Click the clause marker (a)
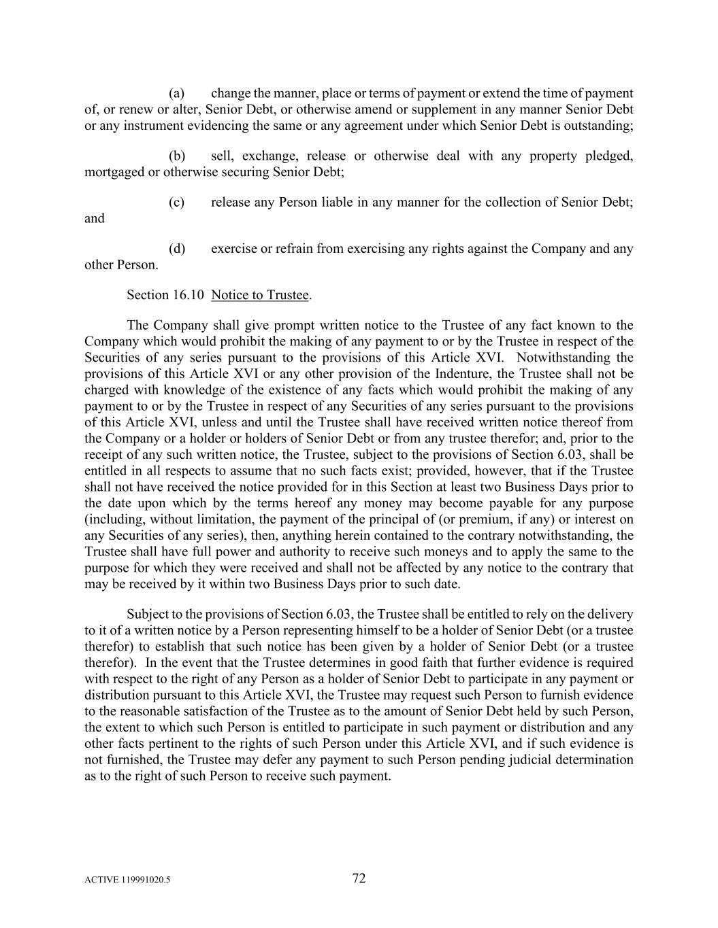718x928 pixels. coord(177,93)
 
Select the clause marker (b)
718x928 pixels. coord(177,156)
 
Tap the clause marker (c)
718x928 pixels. coord(177,202)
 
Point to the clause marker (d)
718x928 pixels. coord(177,248)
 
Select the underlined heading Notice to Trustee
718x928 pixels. coord(260,294)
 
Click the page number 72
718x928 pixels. coord(359,878)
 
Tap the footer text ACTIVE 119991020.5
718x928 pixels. coord(127,880)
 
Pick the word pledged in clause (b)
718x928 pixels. coord(610,156)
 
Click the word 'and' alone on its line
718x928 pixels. coord(95,218)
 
